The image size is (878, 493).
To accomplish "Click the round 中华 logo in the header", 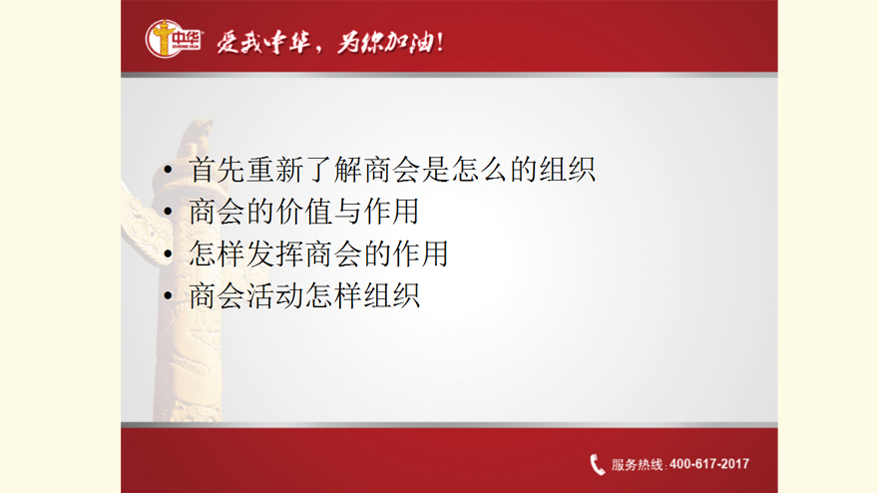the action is [173, 39].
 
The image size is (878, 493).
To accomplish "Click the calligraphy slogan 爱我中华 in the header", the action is [264, 42].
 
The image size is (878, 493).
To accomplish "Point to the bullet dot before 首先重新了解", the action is [168, 170].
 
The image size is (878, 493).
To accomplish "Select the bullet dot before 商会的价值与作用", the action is [168, 212].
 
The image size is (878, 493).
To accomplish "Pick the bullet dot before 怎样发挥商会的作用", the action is [168, 253].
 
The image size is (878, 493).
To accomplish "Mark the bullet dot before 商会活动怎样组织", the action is [168, 295].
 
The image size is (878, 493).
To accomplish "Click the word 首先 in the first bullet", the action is [218, 170].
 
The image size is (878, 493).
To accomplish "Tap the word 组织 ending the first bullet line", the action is [568, 170].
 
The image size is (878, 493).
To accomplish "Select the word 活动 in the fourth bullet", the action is [276, 295].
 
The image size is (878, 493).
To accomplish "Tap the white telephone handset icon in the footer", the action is [598, 464].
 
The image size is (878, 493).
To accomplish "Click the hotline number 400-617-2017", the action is [709, 464].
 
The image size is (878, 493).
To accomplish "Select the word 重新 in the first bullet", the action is [276, 170].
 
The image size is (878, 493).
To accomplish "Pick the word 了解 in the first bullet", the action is [334, 170].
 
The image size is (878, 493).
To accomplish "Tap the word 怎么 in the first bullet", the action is [480, 170].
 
